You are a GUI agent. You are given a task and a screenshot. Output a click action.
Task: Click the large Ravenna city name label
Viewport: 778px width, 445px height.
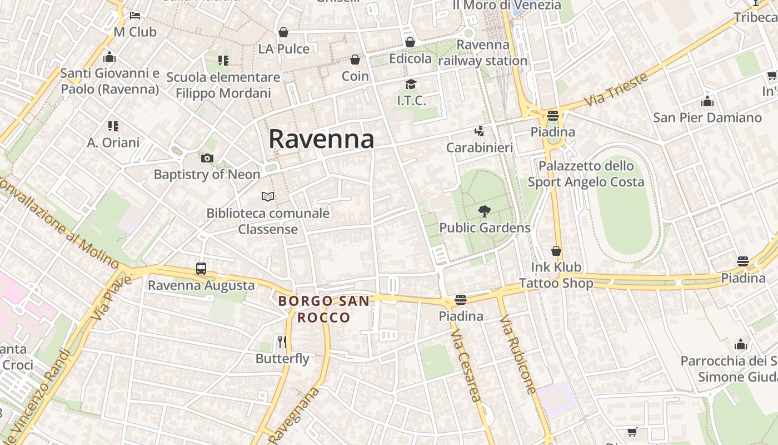(x=321, y=139)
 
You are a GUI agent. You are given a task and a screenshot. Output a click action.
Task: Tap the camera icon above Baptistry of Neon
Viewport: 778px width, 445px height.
(x=207, y=159)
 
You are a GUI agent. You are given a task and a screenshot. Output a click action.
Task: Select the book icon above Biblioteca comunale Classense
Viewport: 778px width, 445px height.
(x=268, y=196)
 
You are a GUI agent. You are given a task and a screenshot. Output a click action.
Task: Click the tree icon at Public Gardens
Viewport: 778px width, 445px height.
(x=485, y=211)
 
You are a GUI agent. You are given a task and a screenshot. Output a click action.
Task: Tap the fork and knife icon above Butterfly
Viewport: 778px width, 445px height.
(x=282, y=342)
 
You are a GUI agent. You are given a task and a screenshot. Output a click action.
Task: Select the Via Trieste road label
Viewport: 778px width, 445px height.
(x=616, y=90)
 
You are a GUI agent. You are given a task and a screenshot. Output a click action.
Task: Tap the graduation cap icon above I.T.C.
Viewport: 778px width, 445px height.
(x=411, y=85)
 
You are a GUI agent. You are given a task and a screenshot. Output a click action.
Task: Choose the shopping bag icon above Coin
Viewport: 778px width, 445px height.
(x=355, y=60)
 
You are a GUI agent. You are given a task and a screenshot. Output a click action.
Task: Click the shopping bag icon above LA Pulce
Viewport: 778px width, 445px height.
(x=283, y=33)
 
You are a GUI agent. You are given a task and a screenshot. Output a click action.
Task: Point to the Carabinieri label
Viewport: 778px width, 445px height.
(x=480, y=148)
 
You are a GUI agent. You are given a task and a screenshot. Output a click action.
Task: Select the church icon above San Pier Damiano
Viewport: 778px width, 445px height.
(x=707, y=102)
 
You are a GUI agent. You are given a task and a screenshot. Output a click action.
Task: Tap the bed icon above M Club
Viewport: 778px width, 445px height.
(x=135, y=16)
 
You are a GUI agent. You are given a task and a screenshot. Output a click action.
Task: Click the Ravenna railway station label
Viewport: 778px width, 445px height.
(x=483, y=53)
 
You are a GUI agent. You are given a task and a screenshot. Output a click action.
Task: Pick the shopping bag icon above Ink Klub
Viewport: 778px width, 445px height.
(x=556, y=251)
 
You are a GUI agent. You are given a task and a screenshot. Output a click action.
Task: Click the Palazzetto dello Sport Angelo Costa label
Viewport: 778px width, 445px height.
(x=586, y=174)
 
